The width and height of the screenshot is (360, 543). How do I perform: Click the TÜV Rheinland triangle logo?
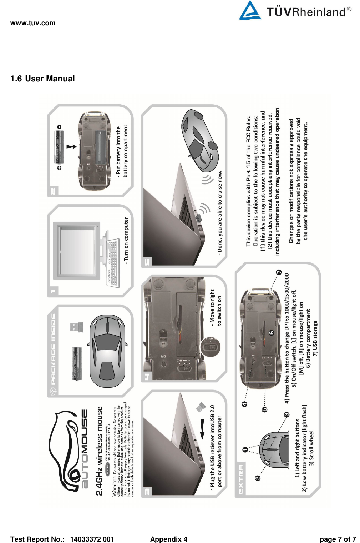(250, 11)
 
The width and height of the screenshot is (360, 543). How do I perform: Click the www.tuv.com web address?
(33, 23)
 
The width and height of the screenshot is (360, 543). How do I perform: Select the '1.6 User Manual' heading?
(42, 79)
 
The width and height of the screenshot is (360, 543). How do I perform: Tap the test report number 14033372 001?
(92, 539)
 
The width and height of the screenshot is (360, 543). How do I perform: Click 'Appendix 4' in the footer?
(168, 539)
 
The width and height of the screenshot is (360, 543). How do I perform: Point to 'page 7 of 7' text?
(338, 539)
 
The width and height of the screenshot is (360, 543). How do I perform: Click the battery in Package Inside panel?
(77, 363)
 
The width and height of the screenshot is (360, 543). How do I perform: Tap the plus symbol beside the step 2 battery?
(59, 167)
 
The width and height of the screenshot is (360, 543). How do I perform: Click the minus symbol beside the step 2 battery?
(59, 127)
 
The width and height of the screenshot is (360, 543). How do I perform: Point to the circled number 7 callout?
(279, 272)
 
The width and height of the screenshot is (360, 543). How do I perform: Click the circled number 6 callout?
(272, 333)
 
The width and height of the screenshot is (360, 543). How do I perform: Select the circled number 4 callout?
(245, 404)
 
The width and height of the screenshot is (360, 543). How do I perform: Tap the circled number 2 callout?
(258, 478)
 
